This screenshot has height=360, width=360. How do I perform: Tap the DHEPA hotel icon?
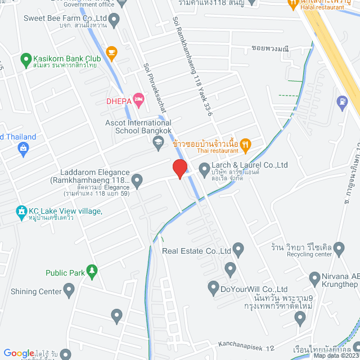pyautogui.click(x=138, y=100)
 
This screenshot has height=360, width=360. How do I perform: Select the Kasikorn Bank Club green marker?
pyautogui.click(x=25, y=58)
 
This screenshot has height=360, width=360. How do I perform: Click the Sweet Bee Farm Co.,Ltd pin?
pyautogui.click(x=115, y=22)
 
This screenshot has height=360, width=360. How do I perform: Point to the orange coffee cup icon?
pyautogui.click(x=111, y=53)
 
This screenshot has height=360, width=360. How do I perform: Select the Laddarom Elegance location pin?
pyautogui.click(x=137, y=181)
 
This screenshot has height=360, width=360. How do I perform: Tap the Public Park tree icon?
pyautogui.click(x=91, y=273)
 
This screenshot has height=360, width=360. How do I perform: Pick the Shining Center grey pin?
pyautogui.click(x=69, y=291)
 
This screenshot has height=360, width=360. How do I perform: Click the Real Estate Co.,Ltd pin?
pyautogui.click(x=238, y=249)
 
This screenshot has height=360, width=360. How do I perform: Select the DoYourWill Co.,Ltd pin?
pyautogui.click(x=213, y=289)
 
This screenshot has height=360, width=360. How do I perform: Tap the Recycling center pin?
pyautogui.click(x=339, y=248)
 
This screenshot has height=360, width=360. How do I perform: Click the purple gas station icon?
pyautogui.click(x=341, y=102)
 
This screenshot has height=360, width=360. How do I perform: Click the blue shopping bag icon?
pyautogui.click(x=23, y=148)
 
